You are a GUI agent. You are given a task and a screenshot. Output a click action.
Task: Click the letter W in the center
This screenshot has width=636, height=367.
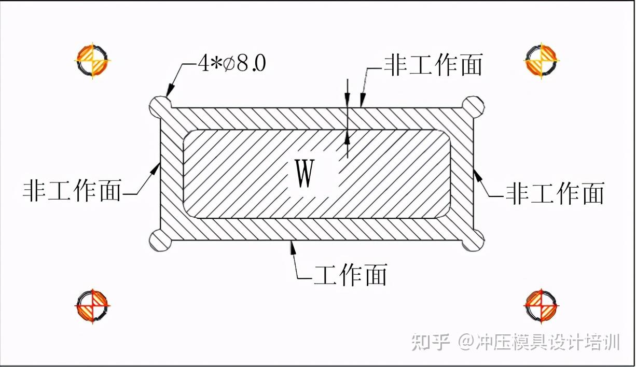[x=305, y=175]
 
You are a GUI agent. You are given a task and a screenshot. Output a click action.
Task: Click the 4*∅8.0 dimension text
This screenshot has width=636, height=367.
[x=232, y=64]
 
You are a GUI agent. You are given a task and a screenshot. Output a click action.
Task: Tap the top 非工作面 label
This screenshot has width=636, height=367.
[x=433, y=65]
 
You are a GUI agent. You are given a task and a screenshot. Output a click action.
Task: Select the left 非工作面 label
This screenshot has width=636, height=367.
[x=73, y=191]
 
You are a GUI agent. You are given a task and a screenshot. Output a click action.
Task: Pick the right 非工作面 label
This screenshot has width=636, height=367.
[x=555, y=193]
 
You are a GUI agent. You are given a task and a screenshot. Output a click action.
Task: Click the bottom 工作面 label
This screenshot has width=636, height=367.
[x=351, y=275]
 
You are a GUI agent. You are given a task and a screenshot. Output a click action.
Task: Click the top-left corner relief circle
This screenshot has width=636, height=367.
[x=161, y=107]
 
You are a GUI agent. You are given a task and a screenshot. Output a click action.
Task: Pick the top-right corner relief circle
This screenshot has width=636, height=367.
[x=473, y=107]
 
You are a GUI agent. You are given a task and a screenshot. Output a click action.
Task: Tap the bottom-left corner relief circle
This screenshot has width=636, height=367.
[x=161, y=240]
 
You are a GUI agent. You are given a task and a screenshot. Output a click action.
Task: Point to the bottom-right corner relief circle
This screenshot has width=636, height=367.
[x=473, y=240]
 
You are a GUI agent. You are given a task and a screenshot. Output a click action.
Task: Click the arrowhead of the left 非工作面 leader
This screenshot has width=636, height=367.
[x=156, y=168]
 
